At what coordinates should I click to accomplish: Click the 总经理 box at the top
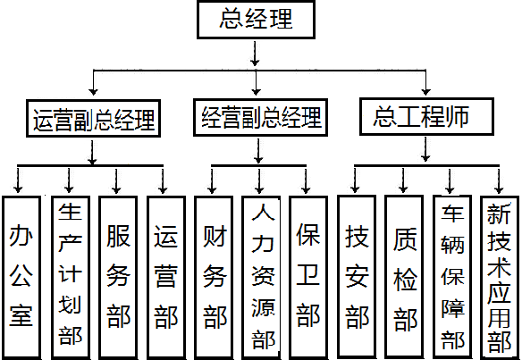256,20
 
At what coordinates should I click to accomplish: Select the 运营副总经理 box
93,118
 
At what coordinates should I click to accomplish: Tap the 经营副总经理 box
260,117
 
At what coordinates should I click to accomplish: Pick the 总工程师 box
426,116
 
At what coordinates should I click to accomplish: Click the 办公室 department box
21,278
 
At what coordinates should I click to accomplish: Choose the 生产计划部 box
71,278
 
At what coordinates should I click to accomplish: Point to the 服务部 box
118,278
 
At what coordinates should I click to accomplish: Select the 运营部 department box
166,278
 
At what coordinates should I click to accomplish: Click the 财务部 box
214,278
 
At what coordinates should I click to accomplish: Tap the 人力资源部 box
261,278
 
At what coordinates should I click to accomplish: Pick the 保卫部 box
308,278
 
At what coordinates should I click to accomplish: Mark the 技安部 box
357,277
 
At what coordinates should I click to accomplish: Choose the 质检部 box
405,277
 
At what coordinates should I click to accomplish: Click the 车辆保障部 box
452,277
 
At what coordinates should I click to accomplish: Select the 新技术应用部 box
500,277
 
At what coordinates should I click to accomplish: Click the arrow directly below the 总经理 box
256,54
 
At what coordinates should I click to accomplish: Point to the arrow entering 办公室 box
18,180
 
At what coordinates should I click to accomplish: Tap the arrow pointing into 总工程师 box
425,82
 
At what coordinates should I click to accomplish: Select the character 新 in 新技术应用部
499,214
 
